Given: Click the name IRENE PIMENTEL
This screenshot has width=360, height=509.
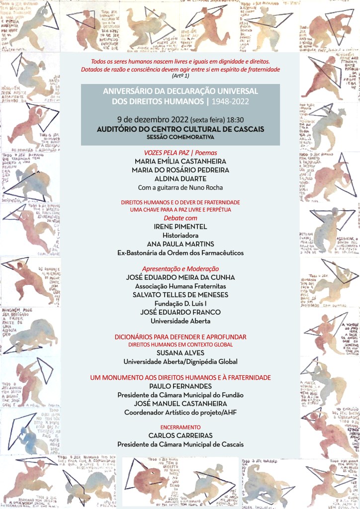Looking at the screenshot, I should tap(180, 227).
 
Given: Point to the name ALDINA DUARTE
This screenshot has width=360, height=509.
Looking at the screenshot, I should tap(180, 178).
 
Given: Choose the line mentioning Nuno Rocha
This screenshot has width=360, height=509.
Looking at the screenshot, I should tap(180, 187).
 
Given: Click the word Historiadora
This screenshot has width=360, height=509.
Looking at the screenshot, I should tap(180, 235).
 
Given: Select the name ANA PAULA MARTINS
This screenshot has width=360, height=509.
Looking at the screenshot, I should tap(180, 244).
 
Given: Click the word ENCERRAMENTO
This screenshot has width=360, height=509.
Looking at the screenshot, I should tap(180, 427).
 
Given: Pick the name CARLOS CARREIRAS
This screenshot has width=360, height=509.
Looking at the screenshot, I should tap(180, 435).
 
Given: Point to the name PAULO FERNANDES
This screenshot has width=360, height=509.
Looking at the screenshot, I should tap(180, 386).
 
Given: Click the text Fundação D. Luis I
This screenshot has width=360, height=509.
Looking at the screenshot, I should tap(180, 303).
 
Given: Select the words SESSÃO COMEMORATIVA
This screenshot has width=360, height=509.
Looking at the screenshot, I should tap(180, 137).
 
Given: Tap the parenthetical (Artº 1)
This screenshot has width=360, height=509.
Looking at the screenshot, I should tap(180, 76).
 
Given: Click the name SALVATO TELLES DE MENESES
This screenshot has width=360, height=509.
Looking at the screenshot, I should tap(180, 294).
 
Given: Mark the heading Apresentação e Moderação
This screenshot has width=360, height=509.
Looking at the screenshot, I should tap(180, 268).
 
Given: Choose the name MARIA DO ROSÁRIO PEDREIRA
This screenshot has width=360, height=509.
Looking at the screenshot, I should tap(180, 170).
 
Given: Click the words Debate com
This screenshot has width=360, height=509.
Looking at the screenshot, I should tap(180, 218).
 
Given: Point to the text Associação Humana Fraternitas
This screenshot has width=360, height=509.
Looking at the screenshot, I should tap(180, 286).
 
